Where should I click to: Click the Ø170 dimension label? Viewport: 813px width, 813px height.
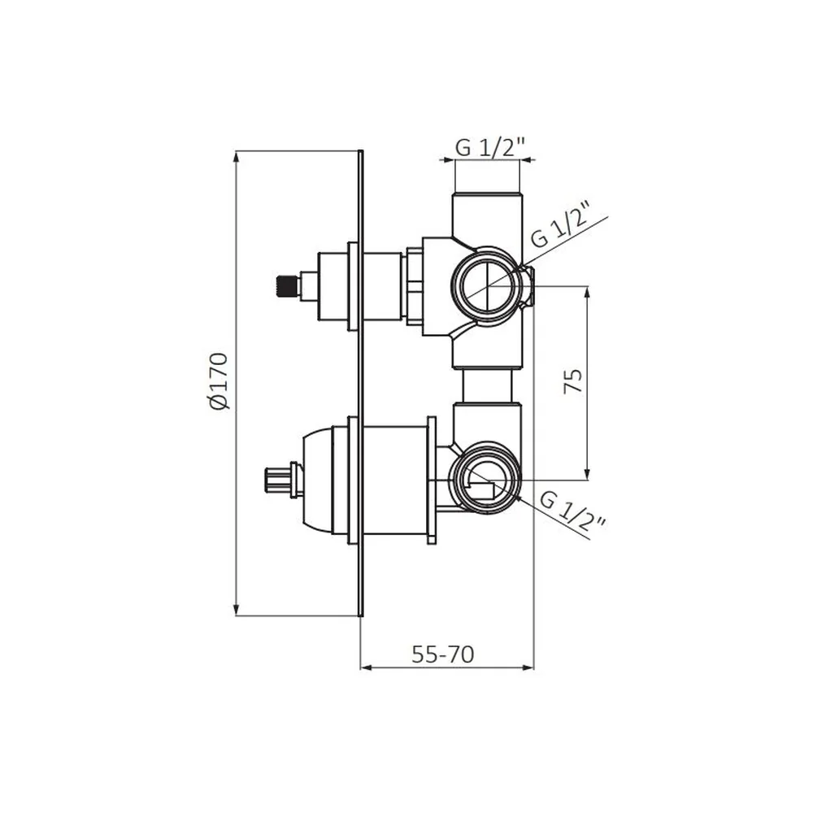point(219,381)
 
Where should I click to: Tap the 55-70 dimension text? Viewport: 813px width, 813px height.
point(443,654)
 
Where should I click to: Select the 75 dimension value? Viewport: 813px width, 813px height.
point(572,381)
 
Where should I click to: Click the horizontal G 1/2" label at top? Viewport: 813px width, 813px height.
point(491,148)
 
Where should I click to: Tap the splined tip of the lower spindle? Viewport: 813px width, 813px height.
point(273,480)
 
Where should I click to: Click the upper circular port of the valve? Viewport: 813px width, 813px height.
point(487,287)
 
